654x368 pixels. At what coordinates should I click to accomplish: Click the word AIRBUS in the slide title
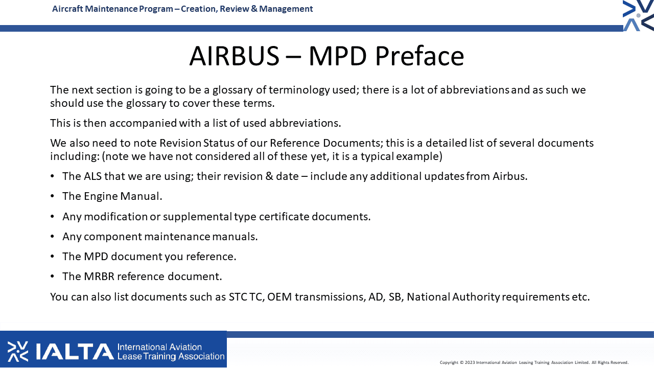coord(234,56)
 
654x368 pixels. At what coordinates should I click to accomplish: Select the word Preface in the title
coord(419,56)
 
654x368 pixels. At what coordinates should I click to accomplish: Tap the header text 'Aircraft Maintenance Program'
coord(112,9)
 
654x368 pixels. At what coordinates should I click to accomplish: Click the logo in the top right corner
coord(638,15)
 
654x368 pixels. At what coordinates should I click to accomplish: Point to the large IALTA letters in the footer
coord(75,351)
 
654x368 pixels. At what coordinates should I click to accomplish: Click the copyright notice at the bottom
coord(534,362)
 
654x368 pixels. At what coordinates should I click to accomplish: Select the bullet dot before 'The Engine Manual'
coord(52,196)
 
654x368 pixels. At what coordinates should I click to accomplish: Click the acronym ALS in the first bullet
coord(92,176)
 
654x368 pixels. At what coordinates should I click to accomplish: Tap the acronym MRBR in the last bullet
coord(99,277)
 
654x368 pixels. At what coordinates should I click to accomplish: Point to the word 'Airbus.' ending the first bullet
coord(510,176)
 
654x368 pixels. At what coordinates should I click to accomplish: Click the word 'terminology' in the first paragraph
coord(299,90)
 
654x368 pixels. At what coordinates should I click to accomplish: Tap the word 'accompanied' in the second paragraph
coord(143,123)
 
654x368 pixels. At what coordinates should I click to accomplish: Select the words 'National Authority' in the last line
coord(453,297)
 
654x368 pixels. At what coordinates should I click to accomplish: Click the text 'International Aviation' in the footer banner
coord(159,347)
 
